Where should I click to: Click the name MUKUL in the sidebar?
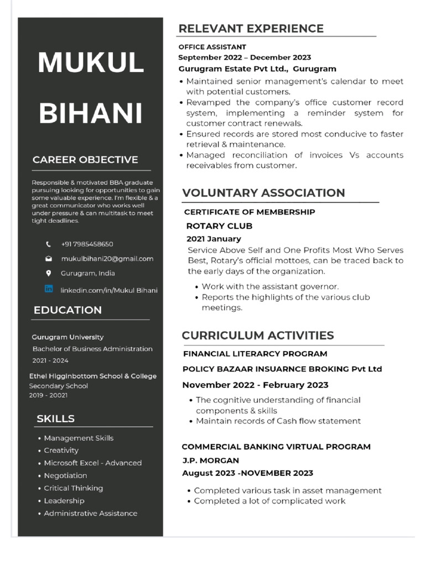point(91,62)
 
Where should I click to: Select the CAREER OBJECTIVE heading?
point(85,160)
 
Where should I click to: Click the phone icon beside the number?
point(49,244)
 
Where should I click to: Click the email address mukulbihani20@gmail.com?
point(107,258)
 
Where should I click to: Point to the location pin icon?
point(49,273)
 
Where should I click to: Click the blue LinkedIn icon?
point(49,289)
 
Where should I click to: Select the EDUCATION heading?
point(68,310)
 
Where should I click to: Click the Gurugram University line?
point(68,337)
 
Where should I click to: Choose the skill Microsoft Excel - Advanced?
point(92,463)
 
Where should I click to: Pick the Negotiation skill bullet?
point(65,475)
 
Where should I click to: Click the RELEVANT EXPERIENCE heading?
point(251,29)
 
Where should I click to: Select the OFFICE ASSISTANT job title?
point(212,47)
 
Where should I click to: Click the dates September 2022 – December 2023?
point(244,57)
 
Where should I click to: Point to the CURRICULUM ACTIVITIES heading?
point(258,336)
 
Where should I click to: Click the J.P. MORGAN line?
point(211,460)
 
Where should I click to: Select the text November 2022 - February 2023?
point(255,385)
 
